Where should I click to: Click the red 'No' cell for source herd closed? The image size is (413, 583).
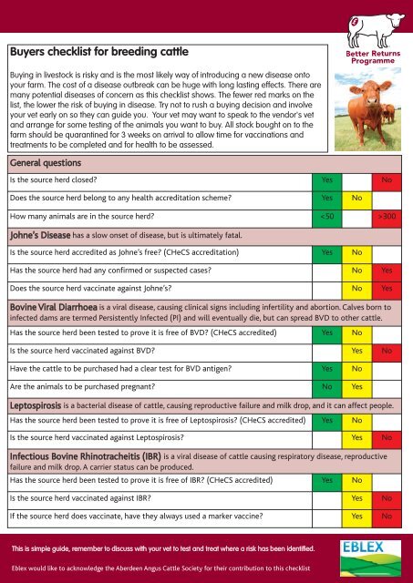[x=387, y=180]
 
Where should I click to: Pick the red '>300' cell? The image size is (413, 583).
[x=387, y=217]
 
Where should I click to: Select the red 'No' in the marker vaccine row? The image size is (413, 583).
[x=387, y=516]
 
